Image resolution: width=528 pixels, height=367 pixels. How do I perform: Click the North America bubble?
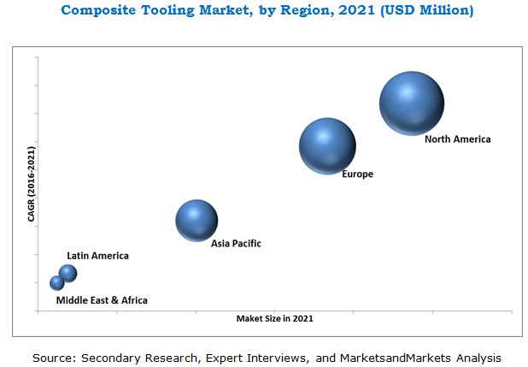click(411, 104)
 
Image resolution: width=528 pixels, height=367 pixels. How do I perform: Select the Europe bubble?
click(327, 146)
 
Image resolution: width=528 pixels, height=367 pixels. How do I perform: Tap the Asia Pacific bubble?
click(197, 220)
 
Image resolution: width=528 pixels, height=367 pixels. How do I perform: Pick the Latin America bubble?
click(67, 273)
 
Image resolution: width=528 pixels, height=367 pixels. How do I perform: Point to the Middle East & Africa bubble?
click(57, 282)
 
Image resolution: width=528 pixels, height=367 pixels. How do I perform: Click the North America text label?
click(457, 139)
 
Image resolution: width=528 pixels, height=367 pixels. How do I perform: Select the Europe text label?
click(357, 175)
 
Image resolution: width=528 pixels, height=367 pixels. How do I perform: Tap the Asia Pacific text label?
click(236, 244)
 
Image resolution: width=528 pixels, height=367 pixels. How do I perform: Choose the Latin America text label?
click(97, 256)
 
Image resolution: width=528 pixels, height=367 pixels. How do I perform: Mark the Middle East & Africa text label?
click(102, 300)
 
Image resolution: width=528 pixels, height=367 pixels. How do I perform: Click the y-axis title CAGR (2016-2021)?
click(32, 184)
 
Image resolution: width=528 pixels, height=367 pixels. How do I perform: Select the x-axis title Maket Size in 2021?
click(274, 318)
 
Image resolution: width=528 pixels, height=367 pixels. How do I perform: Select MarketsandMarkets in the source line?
click(398, 357)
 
